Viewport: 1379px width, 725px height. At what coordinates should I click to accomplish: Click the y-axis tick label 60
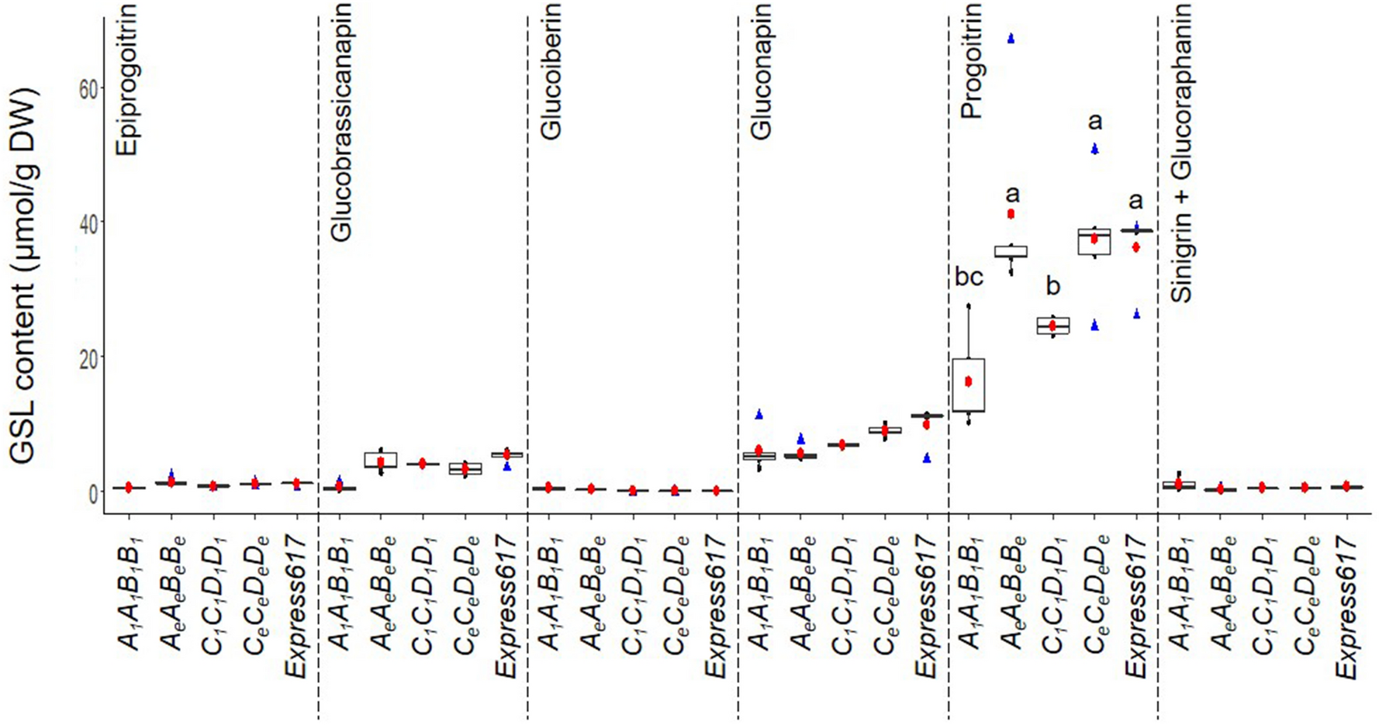click(87, 88)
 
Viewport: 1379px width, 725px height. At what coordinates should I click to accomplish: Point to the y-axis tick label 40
click(87, 223)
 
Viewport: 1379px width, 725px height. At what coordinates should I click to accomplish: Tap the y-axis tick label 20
click(87, 357)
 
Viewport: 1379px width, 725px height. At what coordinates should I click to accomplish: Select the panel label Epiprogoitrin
click(127, 79)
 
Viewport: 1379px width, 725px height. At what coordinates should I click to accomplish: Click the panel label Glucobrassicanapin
click(341, 122)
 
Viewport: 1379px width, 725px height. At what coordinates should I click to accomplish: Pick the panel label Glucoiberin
click(550, 71)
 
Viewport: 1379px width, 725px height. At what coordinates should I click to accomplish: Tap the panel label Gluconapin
click(762, 71)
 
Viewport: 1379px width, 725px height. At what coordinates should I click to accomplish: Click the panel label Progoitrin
click(971, 60)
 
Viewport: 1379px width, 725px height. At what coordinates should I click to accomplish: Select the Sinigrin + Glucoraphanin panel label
click(1181, 152)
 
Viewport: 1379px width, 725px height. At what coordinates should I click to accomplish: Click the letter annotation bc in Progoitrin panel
click(969, 277)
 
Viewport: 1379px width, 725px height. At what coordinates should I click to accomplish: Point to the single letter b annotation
click(1052, 286)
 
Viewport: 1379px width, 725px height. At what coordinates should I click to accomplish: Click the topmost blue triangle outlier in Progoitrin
click(1011, 38)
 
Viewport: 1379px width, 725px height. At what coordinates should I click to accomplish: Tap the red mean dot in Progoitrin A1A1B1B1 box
click(969, 381)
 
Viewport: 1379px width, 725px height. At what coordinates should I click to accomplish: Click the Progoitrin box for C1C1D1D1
click(1053, 326)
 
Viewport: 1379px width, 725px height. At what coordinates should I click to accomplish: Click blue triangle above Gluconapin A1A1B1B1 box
click(759, 415)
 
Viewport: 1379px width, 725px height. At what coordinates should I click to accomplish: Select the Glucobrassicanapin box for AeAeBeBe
click(381, 460)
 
